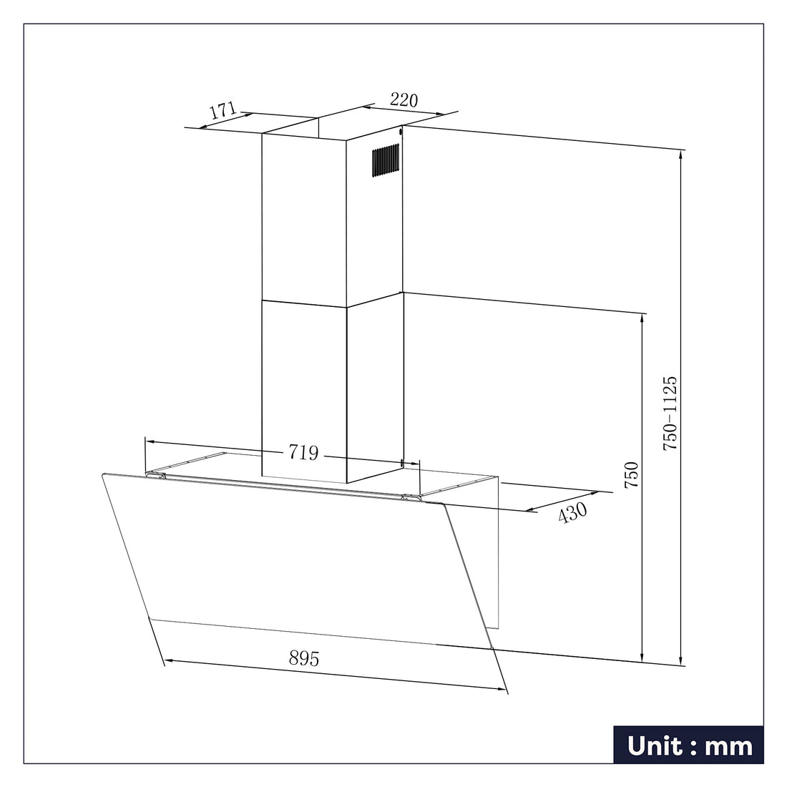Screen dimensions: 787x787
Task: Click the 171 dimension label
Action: coord(223,110)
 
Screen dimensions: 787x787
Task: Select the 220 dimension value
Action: coord(404,100)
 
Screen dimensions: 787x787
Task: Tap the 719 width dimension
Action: coord(303,452)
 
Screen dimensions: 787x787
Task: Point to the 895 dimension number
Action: coord(304,658)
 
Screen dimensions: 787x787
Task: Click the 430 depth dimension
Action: coord(572,512)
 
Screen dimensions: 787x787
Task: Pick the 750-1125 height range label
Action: coord(670,413)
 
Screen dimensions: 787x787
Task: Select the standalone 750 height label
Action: coord(631,475)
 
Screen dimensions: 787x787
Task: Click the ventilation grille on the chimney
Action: coord(386,160)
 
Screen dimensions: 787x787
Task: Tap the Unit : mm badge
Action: coord(688,745)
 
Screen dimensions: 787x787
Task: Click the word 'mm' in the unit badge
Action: coord(729,746)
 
